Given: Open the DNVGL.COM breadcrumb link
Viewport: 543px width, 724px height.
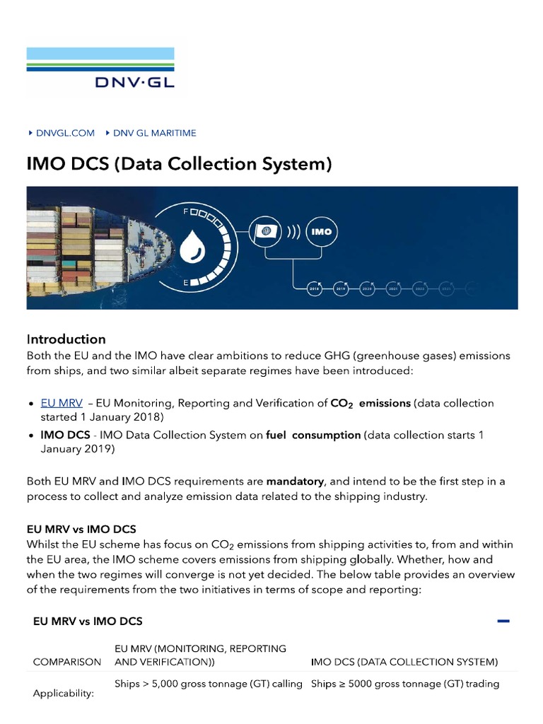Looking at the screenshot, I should coord(64,133).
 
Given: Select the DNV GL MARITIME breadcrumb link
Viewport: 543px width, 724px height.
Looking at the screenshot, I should coord(154,133).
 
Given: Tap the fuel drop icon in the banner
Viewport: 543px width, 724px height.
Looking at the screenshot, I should coord(191,247).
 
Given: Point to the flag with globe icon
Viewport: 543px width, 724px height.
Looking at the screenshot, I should coord(267,231).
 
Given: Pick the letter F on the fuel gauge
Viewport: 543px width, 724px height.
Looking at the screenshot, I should coord(185,211).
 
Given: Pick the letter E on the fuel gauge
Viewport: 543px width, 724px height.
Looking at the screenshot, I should coord(185,282).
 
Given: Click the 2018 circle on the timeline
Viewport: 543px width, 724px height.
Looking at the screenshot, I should coord(315,288).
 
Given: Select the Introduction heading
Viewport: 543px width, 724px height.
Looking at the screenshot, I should coord(66,339).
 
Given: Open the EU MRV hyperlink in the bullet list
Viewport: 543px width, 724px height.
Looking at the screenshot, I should coord(62,403).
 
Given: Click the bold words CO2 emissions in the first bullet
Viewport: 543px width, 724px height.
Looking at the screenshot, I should coord(370,403).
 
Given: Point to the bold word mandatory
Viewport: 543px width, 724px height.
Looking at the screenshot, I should coord(295,481).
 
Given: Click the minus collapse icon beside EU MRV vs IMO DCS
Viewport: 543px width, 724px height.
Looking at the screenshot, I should coord(503,621).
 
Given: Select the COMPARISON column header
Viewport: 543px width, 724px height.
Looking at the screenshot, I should coord(67,662).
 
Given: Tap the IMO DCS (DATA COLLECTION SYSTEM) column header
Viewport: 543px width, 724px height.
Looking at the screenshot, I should coord(404,662).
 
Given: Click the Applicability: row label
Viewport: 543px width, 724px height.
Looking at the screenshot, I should coord(64,694).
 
